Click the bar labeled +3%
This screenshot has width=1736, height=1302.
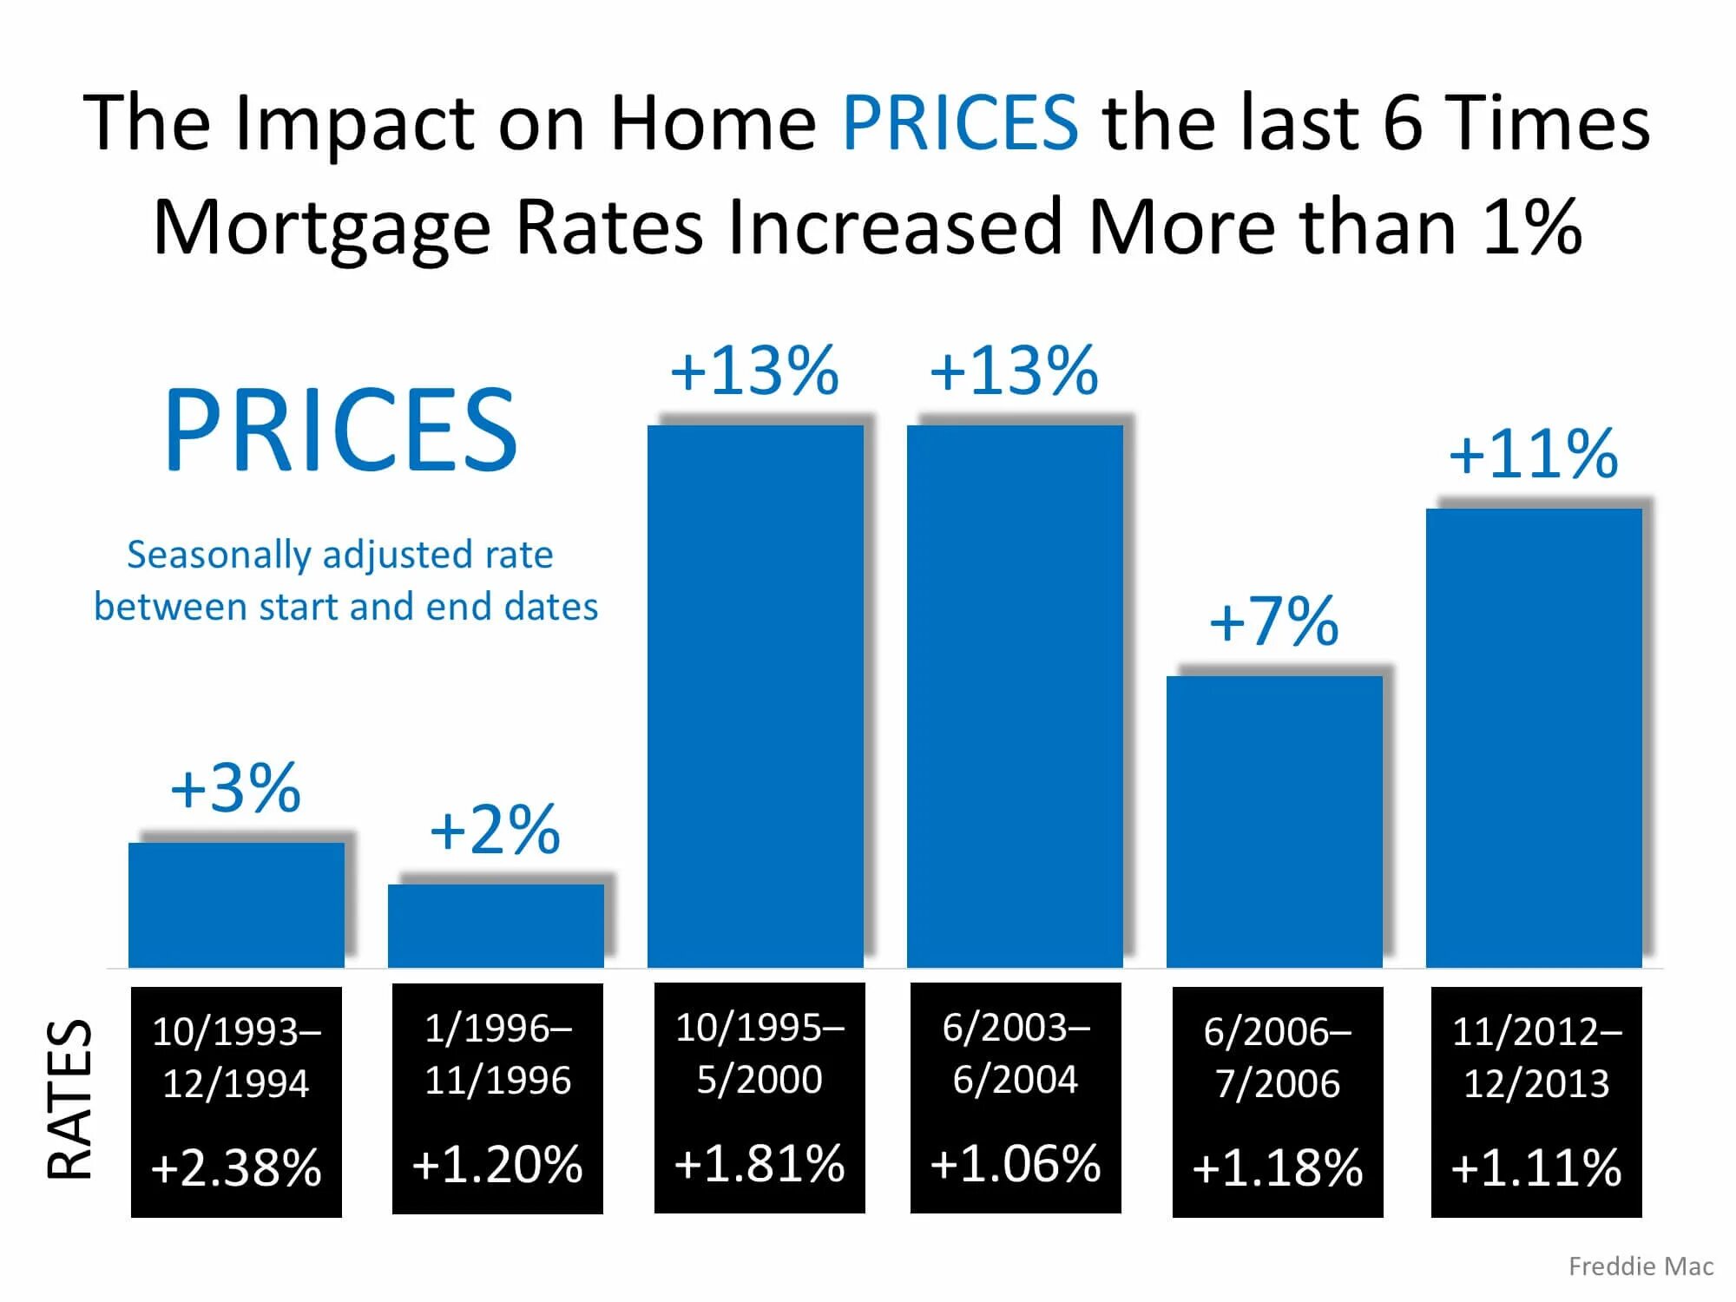point(236,904)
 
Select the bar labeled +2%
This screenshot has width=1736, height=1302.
point(496,925)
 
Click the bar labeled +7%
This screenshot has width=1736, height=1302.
point(1274,821)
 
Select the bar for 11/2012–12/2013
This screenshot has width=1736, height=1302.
point(1534,738)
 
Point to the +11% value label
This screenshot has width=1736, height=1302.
point(1534,454)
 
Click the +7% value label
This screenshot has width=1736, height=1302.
point(1274,621)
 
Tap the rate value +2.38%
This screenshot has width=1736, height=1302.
point(236,1167)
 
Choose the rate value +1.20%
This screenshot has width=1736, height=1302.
point(497,1165)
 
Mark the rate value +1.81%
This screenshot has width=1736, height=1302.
point(759,1164)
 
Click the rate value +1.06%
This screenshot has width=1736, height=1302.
point(1016,1164)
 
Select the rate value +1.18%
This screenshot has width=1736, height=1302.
point(1278,1167)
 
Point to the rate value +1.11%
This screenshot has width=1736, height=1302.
point(1536,1167)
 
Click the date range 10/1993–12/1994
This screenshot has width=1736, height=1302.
point(236,1057)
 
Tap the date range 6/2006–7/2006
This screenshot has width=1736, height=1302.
point(1278,1057)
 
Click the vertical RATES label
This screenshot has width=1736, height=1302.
point(69,1099)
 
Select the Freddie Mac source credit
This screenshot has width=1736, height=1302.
point(1641,1266)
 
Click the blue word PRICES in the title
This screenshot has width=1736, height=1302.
point(960,122)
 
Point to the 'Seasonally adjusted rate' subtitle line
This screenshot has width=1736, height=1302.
point(340,555)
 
